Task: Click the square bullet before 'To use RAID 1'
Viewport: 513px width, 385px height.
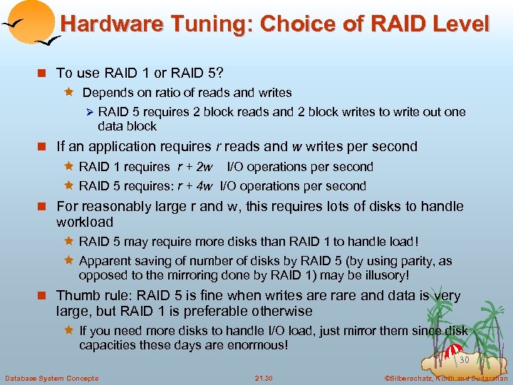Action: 43,73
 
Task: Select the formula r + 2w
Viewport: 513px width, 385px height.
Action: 195,167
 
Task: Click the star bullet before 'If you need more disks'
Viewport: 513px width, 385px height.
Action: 71,331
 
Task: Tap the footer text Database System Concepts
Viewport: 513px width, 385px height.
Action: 51,378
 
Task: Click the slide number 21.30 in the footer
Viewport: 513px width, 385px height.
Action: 264,378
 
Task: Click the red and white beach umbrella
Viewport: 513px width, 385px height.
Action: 453,351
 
